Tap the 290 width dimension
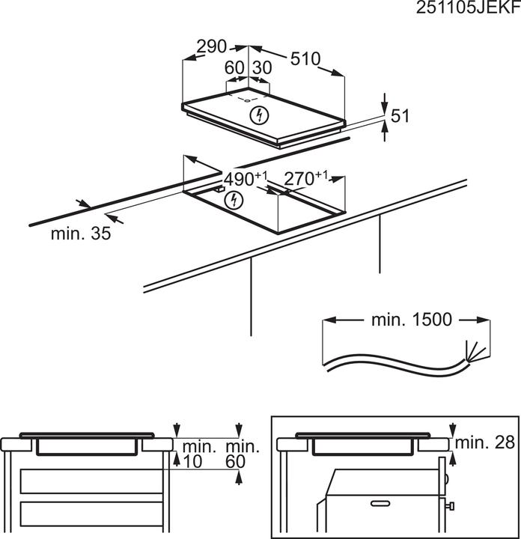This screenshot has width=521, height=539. coord(211,46)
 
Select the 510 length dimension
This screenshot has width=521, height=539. coord(305,58)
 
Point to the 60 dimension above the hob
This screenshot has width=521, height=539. coord(235,67)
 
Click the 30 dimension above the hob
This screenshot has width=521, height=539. coord(261,67)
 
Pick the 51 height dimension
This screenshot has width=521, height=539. coord(402,115)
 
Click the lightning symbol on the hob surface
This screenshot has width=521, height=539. coord(258,115)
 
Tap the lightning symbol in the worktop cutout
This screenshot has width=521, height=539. coord(235,199)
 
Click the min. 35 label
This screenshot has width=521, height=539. coord(81,234)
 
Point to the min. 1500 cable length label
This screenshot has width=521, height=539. coord(411,320)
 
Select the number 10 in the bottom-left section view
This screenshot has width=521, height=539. coord(194,463)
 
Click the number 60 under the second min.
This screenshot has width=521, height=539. coord(235,463)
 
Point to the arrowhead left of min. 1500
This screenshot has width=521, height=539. coord(329,320)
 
